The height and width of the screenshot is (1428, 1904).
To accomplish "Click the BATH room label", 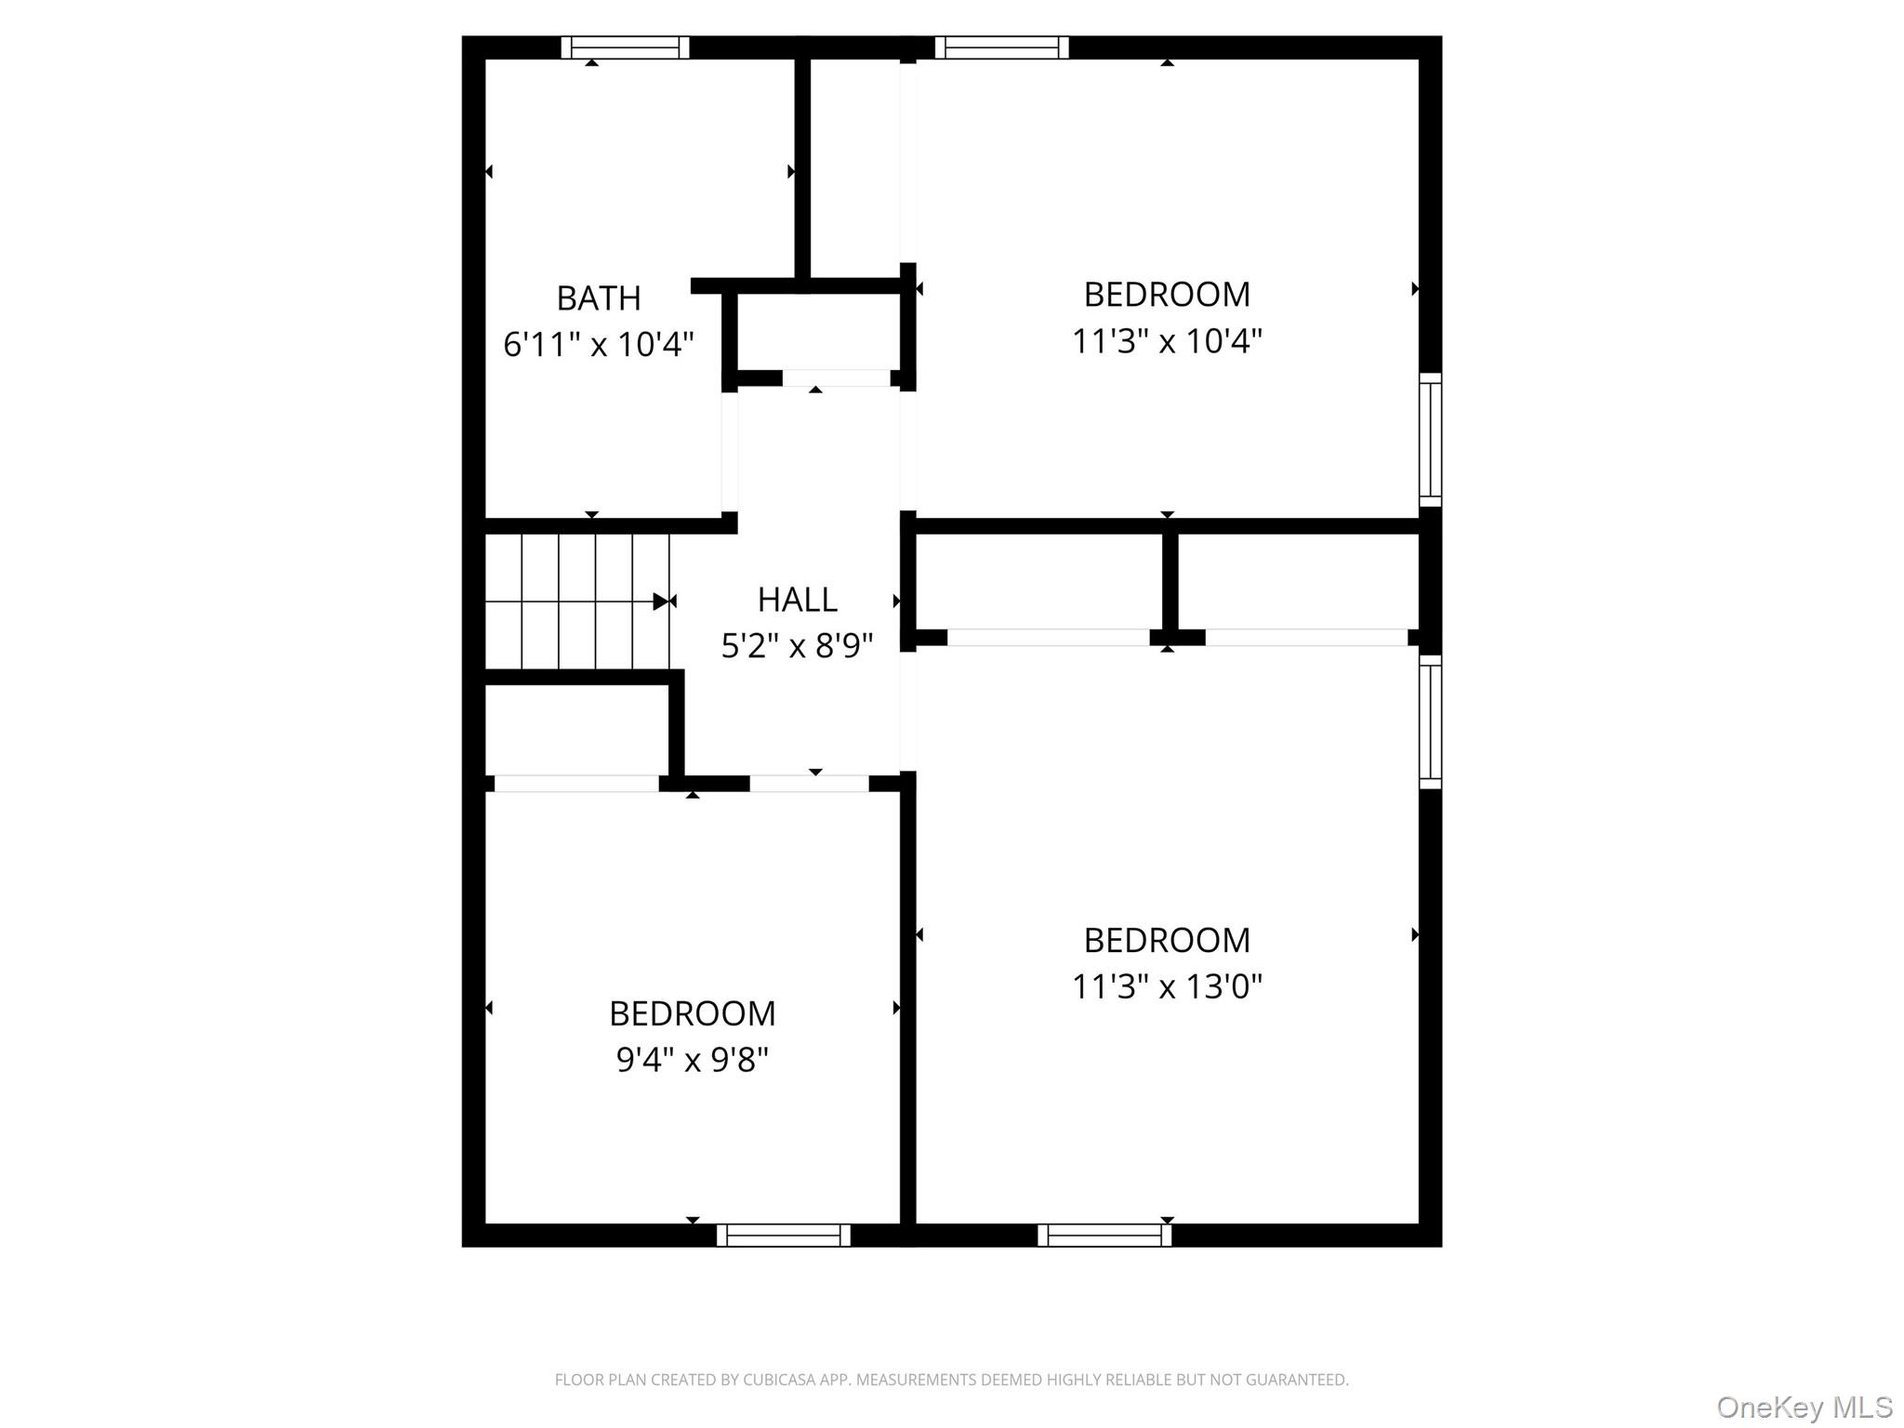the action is pos(599,298).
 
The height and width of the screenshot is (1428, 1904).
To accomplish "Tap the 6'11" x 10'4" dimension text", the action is pos(599,345).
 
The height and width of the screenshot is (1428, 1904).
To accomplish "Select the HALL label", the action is pos(798,600).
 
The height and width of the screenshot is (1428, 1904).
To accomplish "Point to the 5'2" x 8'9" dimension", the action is pos(798,645).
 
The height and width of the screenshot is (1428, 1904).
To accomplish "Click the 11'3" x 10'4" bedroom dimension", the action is pos(1167,341).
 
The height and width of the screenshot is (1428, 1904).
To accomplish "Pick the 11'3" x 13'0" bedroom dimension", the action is pos(1167,986).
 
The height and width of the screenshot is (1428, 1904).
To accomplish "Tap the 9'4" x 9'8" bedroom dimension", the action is pos(693,1059).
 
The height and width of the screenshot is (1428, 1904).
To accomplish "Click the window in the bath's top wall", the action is pos(625,47).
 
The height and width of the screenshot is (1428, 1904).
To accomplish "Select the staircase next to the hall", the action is pos(577,601).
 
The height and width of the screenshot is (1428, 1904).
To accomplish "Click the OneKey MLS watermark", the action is pos(1805,1407).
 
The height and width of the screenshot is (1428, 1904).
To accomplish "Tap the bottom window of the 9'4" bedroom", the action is pos(784,1235).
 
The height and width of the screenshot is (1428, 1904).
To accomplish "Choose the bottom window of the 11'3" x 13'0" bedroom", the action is pos(1104,1235).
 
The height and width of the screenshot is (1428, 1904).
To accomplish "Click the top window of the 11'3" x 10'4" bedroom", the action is pos(1001,47).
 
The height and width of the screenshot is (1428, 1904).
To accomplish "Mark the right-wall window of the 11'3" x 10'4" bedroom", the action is pos(1430,440).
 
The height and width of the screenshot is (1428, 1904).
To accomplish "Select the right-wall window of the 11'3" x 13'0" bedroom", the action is pos(1430,722).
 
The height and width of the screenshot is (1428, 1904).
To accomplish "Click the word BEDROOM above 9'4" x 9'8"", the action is pos(693,1013).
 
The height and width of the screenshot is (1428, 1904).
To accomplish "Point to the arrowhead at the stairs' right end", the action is pos(661,602).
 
